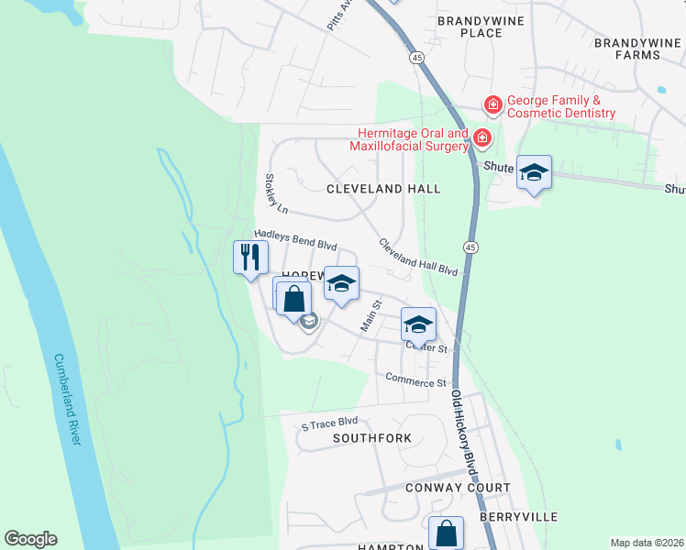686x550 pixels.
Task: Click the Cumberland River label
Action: point(69,400)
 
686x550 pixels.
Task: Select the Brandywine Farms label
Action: point(639,49)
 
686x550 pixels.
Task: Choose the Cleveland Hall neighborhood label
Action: point(384,189)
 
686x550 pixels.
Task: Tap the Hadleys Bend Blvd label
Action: point(295,240)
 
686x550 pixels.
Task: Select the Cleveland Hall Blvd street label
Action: point(417,258)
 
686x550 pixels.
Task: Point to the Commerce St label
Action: point(415,379)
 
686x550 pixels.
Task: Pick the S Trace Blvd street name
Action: point(329,423)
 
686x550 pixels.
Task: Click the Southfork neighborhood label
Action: point(372,438)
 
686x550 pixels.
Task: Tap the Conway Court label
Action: point(458,488)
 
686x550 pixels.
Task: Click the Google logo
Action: point(30,539)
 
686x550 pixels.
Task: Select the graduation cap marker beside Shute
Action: point(534,172)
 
